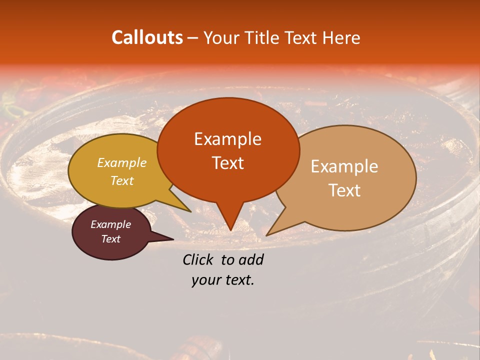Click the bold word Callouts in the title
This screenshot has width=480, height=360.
click(147, 37)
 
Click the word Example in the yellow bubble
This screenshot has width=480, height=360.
click(121, 162)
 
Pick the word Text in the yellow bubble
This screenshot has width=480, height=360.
click(121, 180)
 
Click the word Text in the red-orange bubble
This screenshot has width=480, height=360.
click(227, 162)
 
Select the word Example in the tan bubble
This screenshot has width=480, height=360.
click(344, 166)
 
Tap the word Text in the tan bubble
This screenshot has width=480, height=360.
click(344, 190)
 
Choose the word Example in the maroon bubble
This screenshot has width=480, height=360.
click(110, 224)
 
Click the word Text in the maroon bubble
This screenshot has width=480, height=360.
click(110, 239)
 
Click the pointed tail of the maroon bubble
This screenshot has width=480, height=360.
click(170, 238)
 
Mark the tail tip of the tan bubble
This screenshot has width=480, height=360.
click(267, 234)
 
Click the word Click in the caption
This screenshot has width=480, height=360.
click(199, 259)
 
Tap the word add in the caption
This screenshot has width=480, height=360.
click(251, 259)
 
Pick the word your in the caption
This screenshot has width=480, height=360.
click(205, 280)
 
